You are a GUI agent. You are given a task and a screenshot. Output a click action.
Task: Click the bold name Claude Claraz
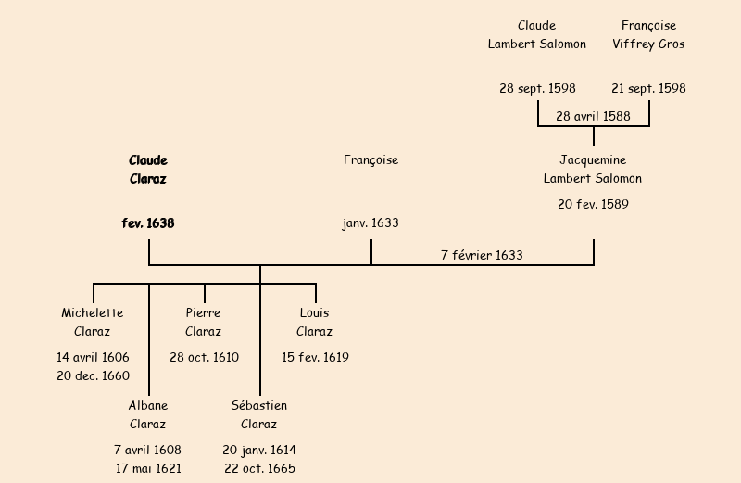(148, 170)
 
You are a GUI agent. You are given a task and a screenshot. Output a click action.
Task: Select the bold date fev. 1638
(148, 223)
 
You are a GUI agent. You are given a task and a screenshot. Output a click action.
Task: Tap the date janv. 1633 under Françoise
(370, 223)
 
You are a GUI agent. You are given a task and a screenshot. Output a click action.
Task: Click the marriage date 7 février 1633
(482, 255)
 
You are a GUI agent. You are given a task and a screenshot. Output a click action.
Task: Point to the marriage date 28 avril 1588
(593, 116)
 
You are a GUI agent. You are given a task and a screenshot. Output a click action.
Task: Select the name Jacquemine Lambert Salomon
(593, 170)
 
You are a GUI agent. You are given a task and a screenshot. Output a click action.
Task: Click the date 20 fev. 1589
(593, 205)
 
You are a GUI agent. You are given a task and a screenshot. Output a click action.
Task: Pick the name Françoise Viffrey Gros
(648, 35)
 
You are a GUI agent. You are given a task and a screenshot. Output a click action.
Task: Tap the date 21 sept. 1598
(648, 89)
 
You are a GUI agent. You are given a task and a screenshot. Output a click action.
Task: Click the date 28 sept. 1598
(537, 89)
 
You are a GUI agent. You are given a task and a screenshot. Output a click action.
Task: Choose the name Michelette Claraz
(93, 323)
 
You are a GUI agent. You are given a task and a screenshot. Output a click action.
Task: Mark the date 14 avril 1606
(93, 358)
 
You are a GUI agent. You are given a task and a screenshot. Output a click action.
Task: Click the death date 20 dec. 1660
(93, 375)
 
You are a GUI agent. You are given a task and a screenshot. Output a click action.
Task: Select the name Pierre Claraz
(204, 323)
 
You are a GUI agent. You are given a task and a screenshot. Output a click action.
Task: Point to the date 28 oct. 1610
(204, 358)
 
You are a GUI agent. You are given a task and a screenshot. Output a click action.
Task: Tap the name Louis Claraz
(315, 323)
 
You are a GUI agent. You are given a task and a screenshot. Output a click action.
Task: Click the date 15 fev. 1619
(315, 358)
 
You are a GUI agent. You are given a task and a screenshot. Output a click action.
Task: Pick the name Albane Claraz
(148, 415)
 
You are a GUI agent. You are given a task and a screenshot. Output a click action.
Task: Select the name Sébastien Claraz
(259, 415)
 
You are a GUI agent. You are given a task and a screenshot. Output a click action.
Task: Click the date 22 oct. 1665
(259, 468)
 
